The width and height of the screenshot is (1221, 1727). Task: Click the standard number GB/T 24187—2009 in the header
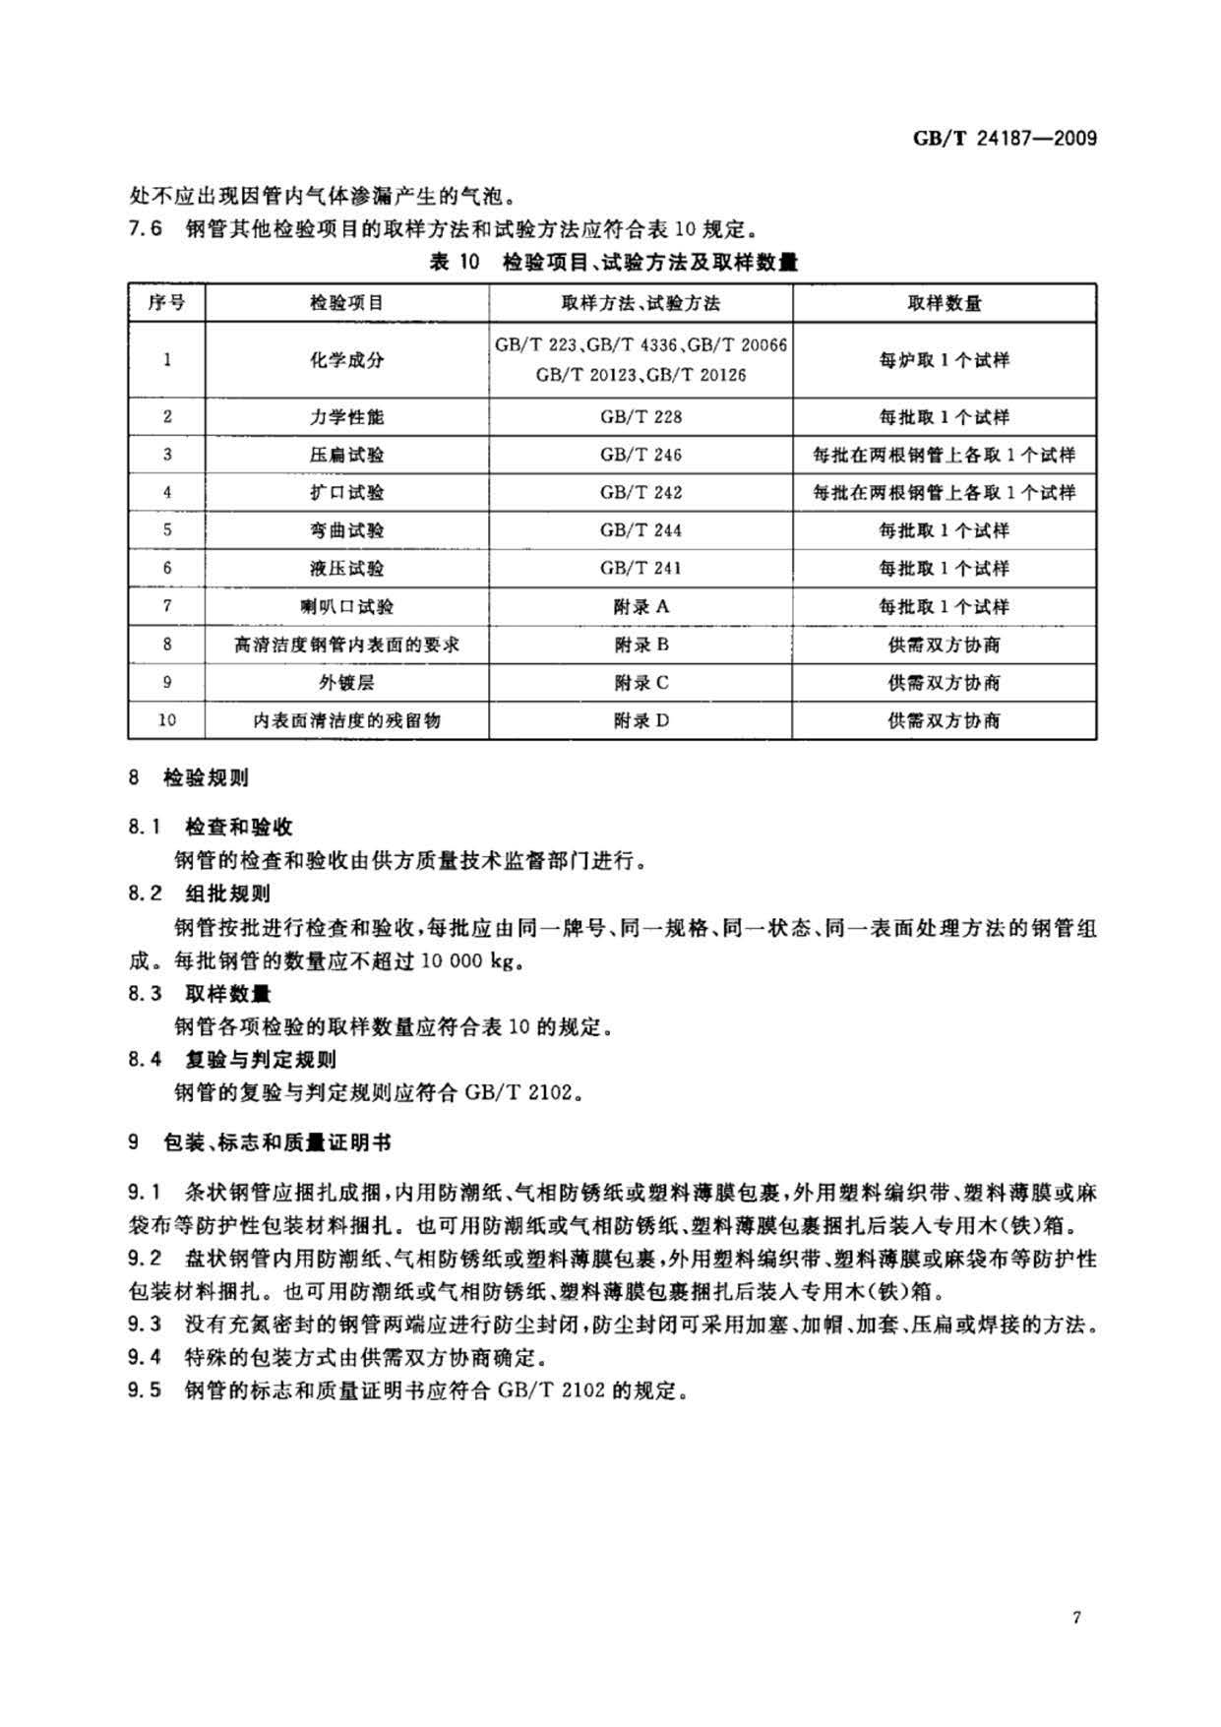[1005, 138]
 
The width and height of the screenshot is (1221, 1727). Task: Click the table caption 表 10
[454, 262]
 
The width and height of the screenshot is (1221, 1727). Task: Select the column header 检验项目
[346, 303]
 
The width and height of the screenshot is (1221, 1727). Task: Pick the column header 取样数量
[944, 303]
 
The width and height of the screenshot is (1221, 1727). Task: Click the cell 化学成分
[346, 360]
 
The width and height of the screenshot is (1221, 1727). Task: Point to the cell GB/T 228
[641, 417]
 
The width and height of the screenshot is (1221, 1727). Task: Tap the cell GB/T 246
[641, 455]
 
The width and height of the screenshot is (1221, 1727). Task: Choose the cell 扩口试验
[346, 492]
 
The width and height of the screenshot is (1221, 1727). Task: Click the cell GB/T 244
[641, 530]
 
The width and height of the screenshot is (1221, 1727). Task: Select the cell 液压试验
[346, 568]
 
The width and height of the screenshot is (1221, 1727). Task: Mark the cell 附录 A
[641, 606]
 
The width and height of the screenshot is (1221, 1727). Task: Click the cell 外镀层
[346, 682]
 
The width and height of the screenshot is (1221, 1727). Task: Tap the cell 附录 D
[641, 720]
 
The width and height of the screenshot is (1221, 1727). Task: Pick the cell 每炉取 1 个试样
[944, 360]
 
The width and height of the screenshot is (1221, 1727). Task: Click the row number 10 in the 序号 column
[166, 720]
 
